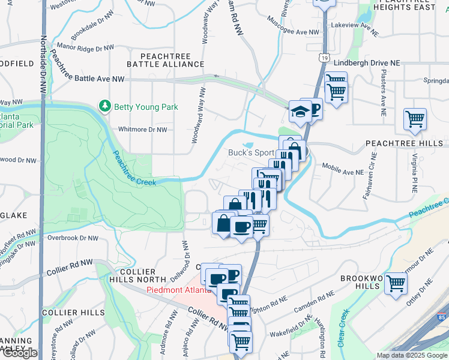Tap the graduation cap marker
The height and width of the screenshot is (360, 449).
point(298,110)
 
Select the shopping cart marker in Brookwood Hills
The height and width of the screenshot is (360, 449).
point(396,283)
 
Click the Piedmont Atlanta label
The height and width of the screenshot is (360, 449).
point(178,290)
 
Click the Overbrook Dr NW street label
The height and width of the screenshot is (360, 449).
point(73,238)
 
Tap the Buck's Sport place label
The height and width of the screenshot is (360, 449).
point(250,152)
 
